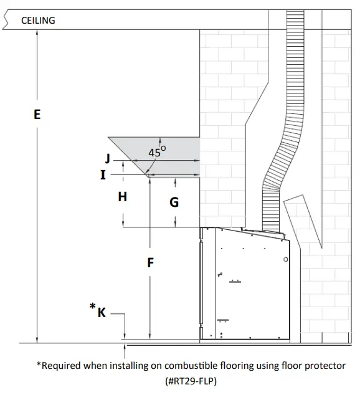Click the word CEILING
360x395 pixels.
38,21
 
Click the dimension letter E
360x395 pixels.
37,115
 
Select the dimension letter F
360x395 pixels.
150,263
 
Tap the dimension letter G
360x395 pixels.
174,202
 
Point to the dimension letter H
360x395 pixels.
123,197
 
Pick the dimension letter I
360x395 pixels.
103,175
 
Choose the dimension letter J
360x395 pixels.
108,159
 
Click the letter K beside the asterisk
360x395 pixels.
102,312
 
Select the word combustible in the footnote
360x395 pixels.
179,366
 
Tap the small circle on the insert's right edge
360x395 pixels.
285,259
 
